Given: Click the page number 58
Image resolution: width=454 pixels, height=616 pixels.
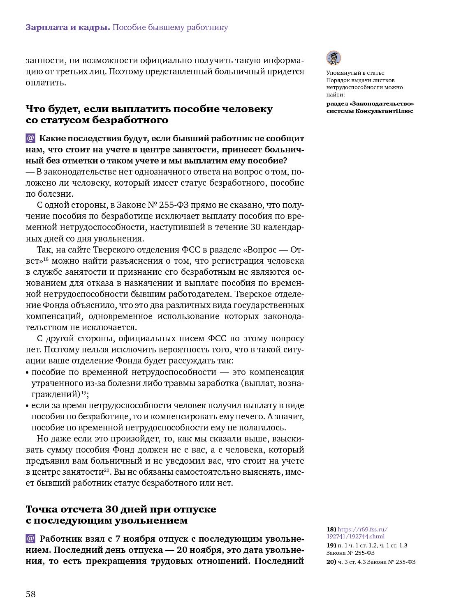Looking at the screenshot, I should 31,594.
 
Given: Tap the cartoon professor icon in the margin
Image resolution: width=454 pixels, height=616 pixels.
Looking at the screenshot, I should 334,58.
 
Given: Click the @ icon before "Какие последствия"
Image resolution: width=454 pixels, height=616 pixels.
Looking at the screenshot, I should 30,138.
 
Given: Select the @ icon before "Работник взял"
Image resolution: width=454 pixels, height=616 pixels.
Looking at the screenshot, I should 30,538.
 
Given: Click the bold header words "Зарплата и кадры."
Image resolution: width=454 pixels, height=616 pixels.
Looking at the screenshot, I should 68,28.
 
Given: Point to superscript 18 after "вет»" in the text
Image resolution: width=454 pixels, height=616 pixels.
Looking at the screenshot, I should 46,259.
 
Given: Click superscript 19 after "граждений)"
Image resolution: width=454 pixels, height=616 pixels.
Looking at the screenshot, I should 83,393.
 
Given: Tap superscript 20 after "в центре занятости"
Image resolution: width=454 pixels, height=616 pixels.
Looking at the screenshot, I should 107,470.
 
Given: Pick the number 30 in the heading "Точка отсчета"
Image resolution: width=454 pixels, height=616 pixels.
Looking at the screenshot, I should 112,509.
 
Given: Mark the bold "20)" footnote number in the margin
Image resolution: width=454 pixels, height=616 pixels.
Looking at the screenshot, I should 331,562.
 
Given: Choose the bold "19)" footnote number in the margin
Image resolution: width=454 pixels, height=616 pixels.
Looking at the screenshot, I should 331,545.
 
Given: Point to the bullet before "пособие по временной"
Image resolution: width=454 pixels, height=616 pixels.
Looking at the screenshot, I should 27,373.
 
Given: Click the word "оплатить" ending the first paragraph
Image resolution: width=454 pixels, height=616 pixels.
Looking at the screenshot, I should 45,83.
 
